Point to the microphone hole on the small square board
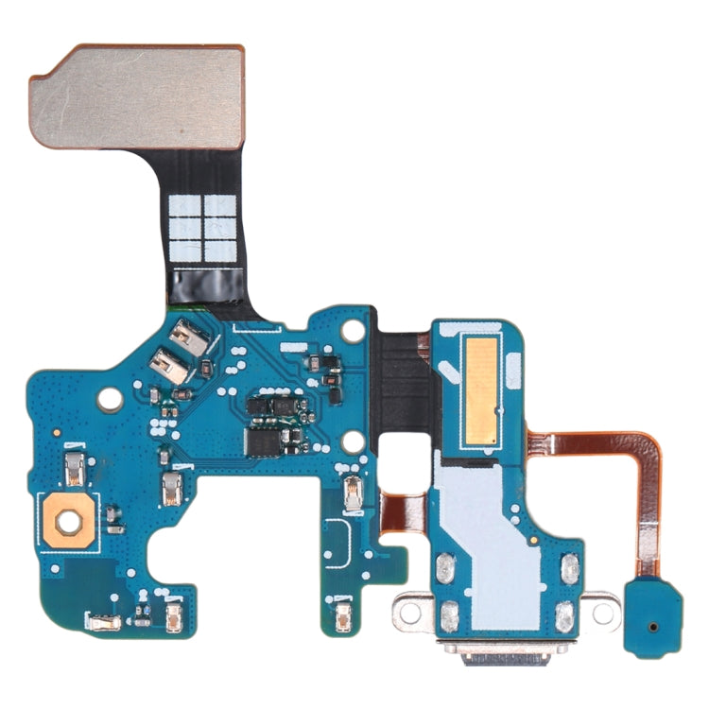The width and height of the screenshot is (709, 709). (x=655, y=626)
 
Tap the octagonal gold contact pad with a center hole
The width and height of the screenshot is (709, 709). (x=64, y=519)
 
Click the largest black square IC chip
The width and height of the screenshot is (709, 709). (x=264, y=441)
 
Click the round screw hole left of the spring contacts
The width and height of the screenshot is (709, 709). (x=111, y=400)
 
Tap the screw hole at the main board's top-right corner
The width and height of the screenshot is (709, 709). (x=352, y=331)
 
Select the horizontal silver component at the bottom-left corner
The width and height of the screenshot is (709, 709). (x=98, y=621)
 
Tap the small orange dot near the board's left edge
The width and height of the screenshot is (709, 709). (x=56, y=431)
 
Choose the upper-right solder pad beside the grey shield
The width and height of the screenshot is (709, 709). (x=570, y=567)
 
